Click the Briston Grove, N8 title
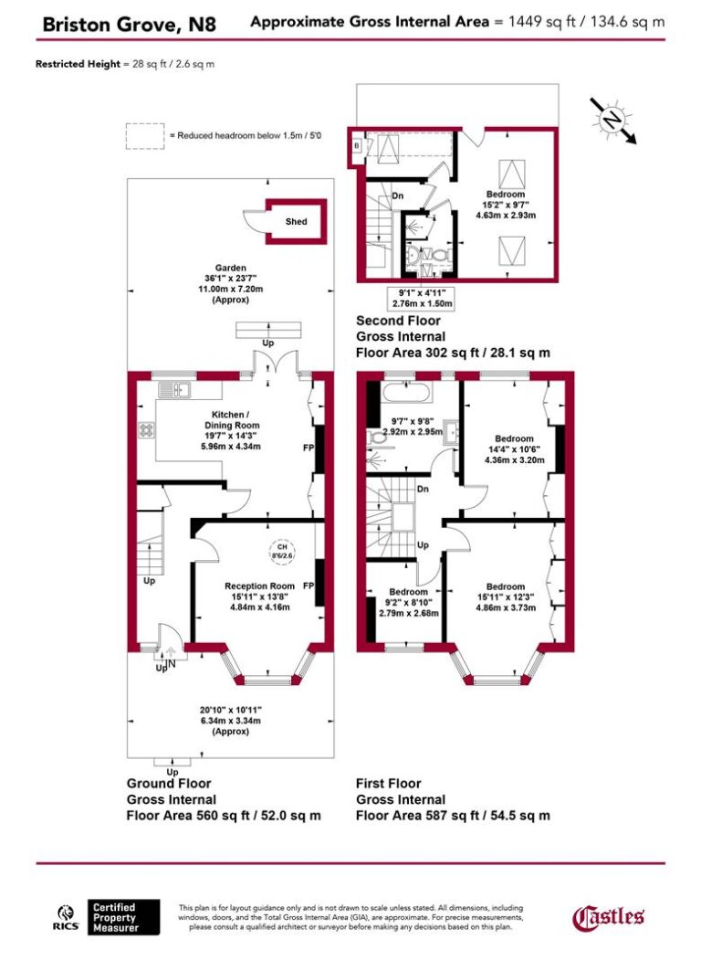[x=130, y=24]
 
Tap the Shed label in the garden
[x=296, y=222]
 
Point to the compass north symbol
[x=611, y=119]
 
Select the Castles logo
[x=608, y=917]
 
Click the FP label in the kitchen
[x=308, y=449]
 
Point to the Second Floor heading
[x=398, y=321]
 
